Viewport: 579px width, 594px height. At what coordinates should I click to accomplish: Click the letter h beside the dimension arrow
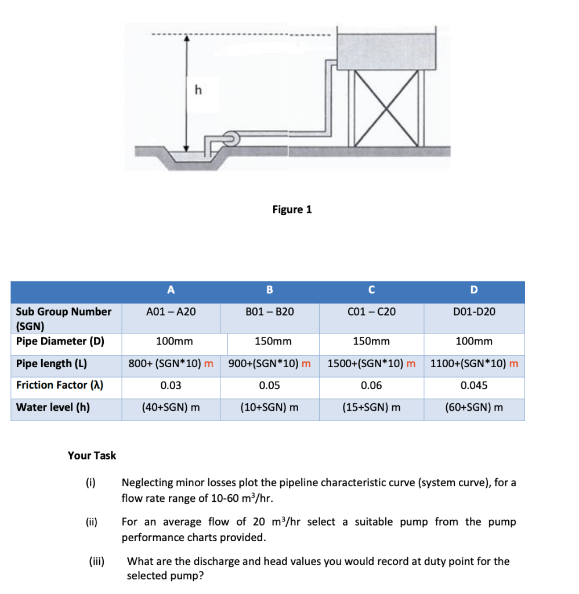pos(198,90)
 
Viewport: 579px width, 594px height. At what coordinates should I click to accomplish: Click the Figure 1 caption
pos(292,209)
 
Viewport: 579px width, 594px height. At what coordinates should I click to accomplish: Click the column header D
pos(474,290)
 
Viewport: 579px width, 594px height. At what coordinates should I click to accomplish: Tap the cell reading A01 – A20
pos(171,312)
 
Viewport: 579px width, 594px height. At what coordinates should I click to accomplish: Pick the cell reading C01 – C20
pos(371,312)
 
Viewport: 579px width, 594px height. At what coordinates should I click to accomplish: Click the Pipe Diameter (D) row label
pos(60,341)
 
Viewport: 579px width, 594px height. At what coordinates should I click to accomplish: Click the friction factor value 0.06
pos(371,385)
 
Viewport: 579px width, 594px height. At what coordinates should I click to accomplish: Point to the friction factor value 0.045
pos(474,385)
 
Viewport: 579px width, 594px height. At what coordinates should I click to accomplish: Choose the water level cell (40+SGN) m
pos(171,407)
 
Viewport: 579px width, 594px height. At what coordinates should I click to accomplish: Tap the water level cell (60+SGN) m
pos(474,407)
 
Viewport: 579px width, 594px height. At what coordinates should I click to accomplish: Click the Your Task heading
pos(92,455)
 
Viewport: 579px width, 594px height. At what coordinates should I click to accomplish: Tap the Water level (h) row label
pos(53,407)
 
